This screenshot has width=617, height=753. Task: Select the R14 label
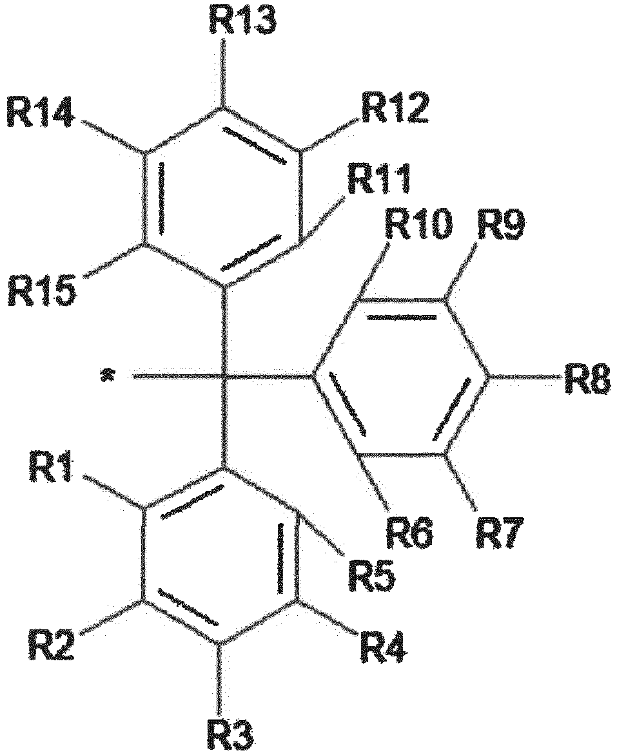pyautogui.click(x=41, y=112)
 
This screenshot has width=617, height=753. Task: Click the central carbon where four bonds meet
pyautogui.click(x=224, y=375)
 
